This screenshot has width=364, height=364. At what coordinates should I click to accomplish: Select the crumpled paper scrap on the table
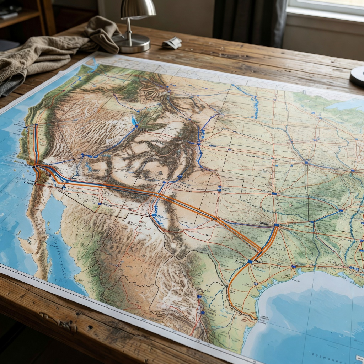coord(172,43)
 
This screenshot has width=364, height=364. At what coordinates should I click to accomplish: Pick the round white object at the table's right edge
coord(357,76)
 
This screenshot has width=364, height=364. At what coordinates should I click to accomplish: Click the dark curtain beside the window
coord(249,21)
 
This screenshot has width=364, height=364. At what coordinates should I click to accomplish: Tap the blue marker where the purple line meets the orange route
coord(276,225)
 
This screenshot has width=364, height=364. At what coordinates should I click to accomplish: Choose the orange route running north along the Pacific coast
coord(36,142)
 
